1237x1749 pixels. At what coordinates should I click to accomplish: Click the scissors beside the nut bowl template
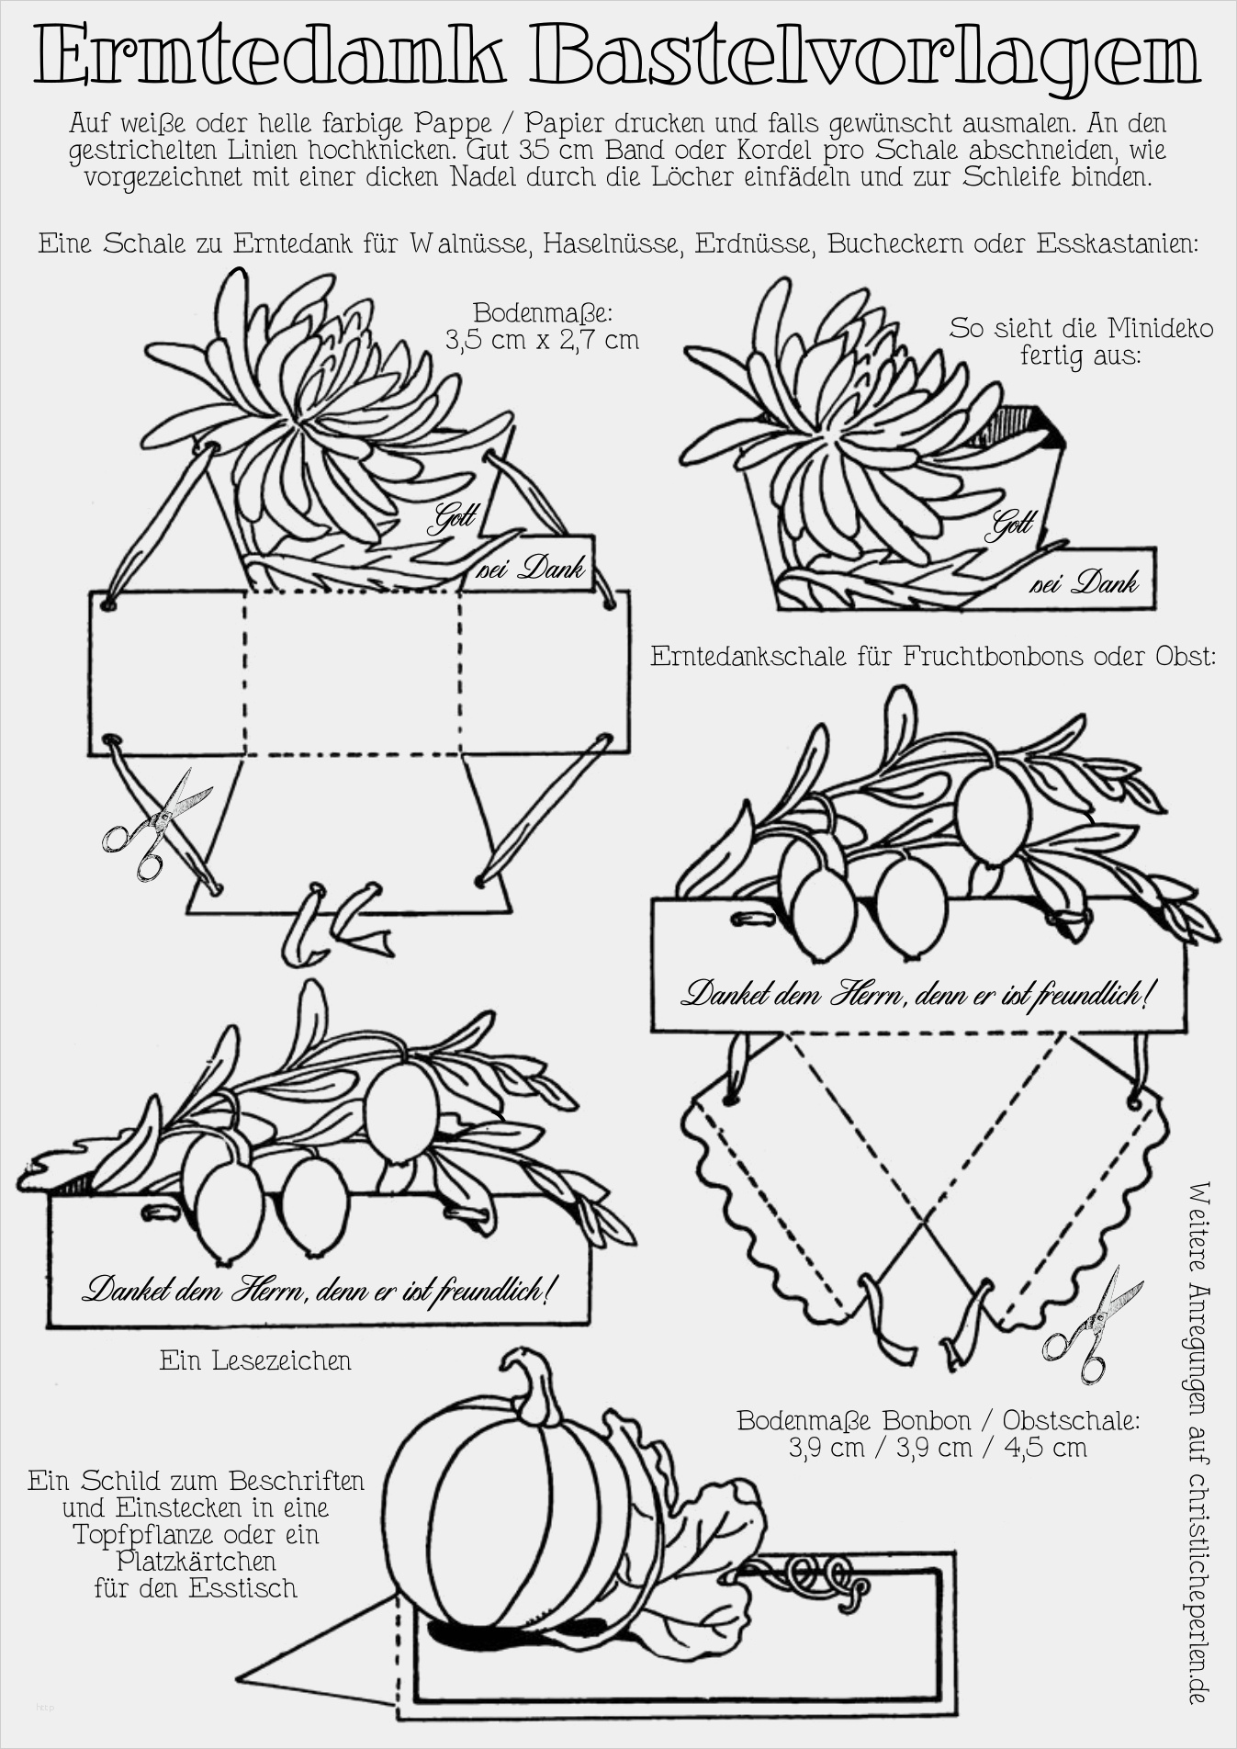point(155,823)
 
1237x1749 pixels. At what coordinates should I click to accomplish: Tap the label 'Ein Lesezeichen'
point(255,1360)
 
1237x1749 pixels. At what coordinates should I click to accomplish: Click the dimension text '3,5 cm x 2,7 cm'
point(542,340)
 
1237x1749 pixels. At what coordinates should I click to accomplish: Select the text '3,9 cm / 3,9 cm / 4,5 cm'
point(938,1448)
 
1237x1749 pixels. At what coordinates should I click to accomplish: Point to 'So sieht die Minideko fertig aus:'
point(1081,341)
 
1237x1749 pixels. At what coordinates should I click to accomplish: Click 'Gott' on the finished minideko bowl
point(1011,525)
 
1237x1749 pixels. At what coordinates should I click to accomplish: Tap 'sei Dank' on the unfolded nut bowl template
point(530,570)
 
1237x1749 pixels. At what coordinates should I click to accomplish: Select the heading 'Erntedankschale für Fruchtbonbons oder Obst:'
point(933,656)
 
